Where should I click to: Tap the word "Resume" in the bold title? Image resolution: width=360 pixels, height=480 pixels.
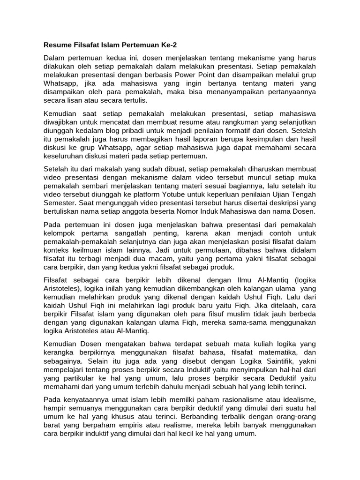58,45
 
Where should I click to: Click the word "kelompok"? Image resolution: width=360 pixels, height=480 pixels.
60,233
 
